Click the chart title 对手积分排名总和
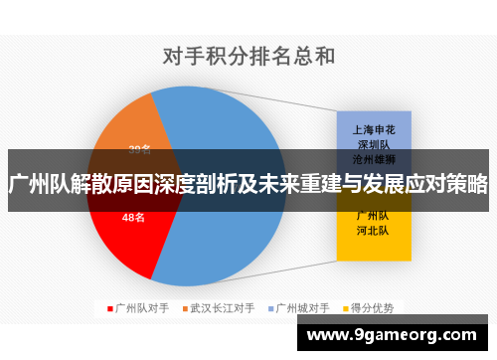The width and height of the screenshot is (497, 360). [248, 57]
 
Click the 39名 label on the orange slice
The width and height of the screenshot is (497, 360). [139, 150]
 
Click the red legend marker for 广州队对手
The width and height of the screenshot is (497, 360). [109, 307]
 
